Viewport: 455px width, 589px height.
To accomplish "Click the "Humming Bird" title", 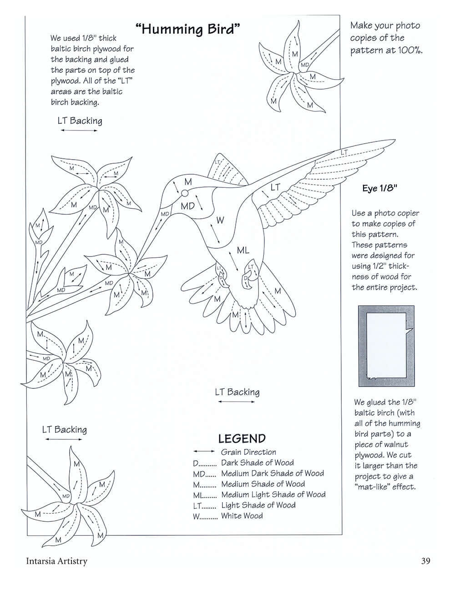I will tap(187, 30).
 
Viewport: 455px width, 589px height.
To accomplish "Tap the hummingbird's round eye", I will tap(184, 194).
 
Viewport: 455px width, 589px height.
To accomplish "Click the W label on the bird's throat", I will tap(220, 221).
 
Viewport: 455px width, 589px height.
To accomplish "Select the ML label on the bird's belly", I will tap(243, 250).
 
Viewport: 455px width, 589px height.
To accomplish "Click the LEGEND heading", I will tap(242, 439).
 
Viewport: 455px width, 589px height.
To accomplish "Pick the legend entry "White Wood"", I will tap(242, 516).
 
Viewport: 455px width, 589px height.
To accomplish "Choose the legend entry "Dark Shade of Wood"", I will tap(257, 463).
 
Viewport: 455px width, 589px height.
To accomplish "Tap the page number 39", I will tap(425, 561).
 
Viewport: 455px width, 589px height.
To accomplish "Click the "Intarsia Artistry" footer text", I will tap(56, 561).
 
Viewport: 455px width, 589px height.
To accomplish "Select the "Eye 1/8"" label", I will tap(380, 189).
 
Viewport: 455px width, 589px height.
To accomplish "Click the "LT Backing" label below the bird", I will tap(237, 392).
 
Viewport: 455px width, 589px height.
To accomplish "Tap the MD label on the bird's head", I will tap(187, 206).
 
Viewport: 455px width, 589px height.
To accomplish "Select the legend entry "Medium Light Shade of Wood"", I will tap(273, 494).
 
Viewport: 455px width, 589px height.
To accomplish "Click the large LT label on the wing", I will tap(275, 187).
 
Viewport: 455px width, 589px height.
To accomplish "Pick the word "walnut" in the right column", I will tap(394, 444).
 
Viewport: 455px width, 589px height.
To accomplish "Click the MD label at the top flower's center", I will tap(304, 65).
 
